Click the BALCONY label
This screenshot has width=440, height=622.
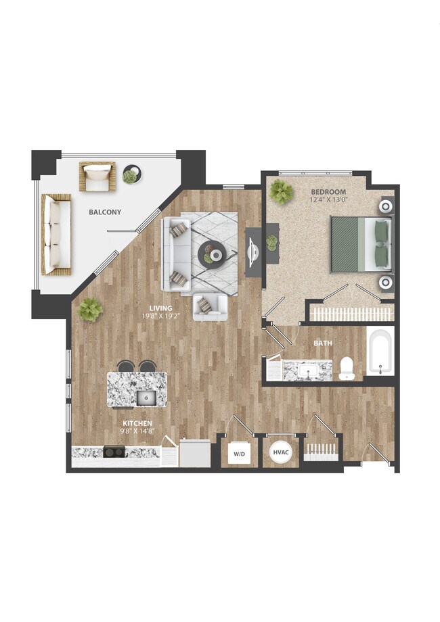[105, 212]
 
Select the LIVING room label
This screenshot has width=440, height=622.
[161, 308]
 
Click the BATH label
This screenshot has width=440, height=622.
[322, 343]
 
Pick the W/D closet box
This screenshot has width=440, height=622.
[239, 454]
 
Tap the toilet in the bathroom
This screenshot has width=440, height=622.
[347, 367]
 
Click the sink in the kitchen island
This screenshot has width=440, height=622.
[146, 397]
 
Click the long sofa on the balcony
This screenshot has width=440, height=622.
[56, 233]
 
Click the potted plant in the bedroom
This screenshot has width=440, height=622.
[280, 192]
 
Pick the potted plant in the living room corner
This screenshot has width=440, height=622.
[89, 310]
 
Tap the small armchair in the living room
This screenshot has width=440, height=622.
[209, 307]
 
